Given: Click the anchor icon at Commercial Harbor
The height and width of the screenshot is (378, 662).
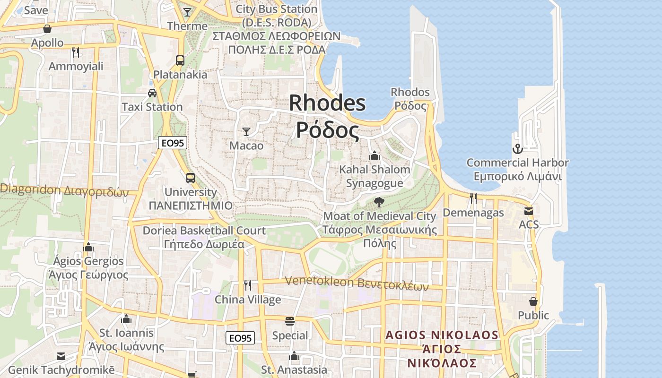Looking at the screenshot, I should tap(518, 149).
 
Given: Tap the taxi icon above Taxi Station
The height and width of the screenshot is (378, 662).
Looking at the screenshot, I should tap(152, 93).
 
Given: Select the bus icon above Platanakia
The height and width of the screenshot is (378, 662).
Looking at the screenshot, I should tap(180, 60).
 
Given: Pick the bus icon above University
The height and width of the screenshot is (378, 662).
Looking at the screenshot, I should tap(190, 178).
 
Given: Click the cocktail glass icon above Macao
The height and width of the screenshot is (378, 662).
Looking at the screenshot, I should tap(246, 131).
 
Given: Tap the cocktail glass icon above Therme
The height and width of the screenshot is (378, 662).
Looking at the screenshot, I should tap(187, 12).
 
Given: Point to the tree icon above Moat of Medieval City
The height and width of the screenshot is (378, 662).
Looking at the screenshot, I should tap(379, 202).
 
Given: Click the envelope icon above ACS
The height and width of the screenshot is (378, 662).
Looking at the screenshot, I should tap(528, 211).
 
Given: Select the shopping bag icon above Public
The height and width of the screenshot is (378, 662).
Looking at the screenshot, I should tap(533, 301).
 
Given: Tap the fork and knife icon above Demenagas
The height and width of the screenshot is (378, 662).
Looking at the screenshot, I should tap(473, 198).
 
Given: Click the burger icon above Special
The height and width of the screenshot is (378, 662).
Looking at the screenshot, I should tap(290, 321).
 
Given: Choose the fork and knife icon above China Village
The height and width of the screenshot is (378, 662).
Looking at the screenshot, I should tap(247, 285).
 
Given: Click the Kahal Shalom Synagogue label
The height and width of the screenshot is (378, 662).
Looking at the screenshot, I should tap(375, 176).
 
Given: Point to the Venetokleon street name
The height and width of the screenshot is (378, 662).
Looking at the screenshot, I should tap(357, 283).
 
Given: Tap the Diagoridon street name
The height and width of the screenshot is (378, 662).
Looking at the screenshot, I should tap(64, 191).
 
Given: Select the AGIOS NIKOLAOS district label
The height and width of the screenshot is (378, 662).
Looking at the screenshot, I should tap(442, 349).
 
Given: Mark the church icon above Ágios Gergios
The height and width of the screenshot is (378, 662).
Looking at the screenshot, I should tap(88, 247).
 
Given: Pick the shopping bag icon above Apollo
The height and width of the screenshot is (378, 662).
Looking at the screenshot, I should tap(47, 29).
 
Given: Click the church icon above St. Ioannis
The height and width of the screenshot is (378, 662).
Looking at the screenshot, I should tap(126, 319).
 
